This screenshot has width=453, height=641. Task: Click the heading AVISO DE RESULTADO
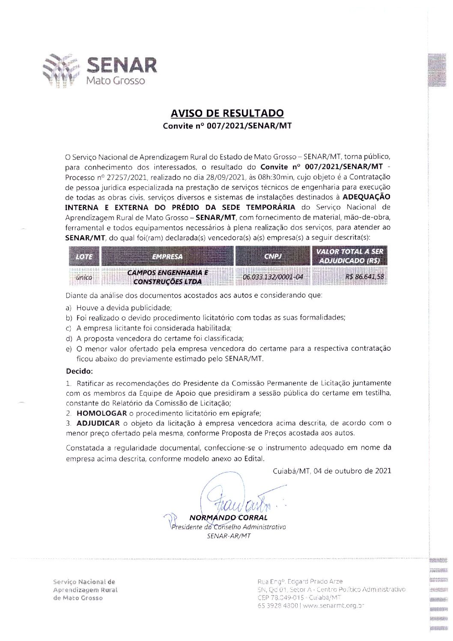pos(227,113)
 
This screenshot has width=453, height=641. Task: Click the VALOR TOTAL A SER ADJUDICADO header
pos(349,256)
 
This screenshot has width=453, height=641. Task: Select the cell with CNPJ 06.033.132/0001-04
pos(273,277)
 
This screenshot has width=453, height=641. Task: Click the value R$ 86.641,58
pos(364,277)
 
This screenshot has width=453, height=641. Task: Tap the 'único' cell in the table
pos(83,277)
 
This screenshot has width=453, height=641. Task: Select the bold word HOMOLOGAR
pos(101,413)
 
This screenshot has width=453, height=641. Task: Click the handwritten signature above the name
pos(240,497)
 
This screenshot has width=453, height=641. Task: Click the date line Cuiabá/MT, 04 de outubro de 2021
pos(332,471)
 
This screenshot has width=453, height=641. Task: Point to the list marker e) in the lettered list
pos(69,349)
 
